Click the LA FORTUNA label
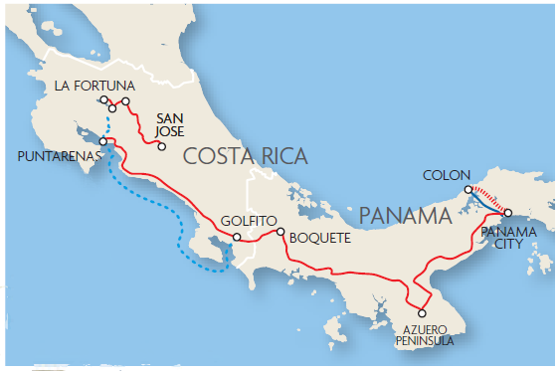tap(95, 84)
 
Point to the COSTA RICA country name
tap(245, 155)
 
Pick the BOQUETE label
tap(319, 239)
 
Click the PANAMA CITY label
tap(508, 238)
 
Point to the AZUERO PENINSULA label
tap(430, 334)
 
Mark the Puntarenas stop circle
tap(102, 141)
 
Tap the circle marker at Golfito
tap(236, 237)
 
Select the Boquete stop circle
tap(280, 233)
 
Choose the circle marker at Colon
tap(467, 189)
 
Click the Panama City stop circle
tap(507, 213)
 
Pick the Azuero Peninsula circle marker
tap(422, 313)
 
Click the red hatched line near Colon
tap(490, 196)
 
